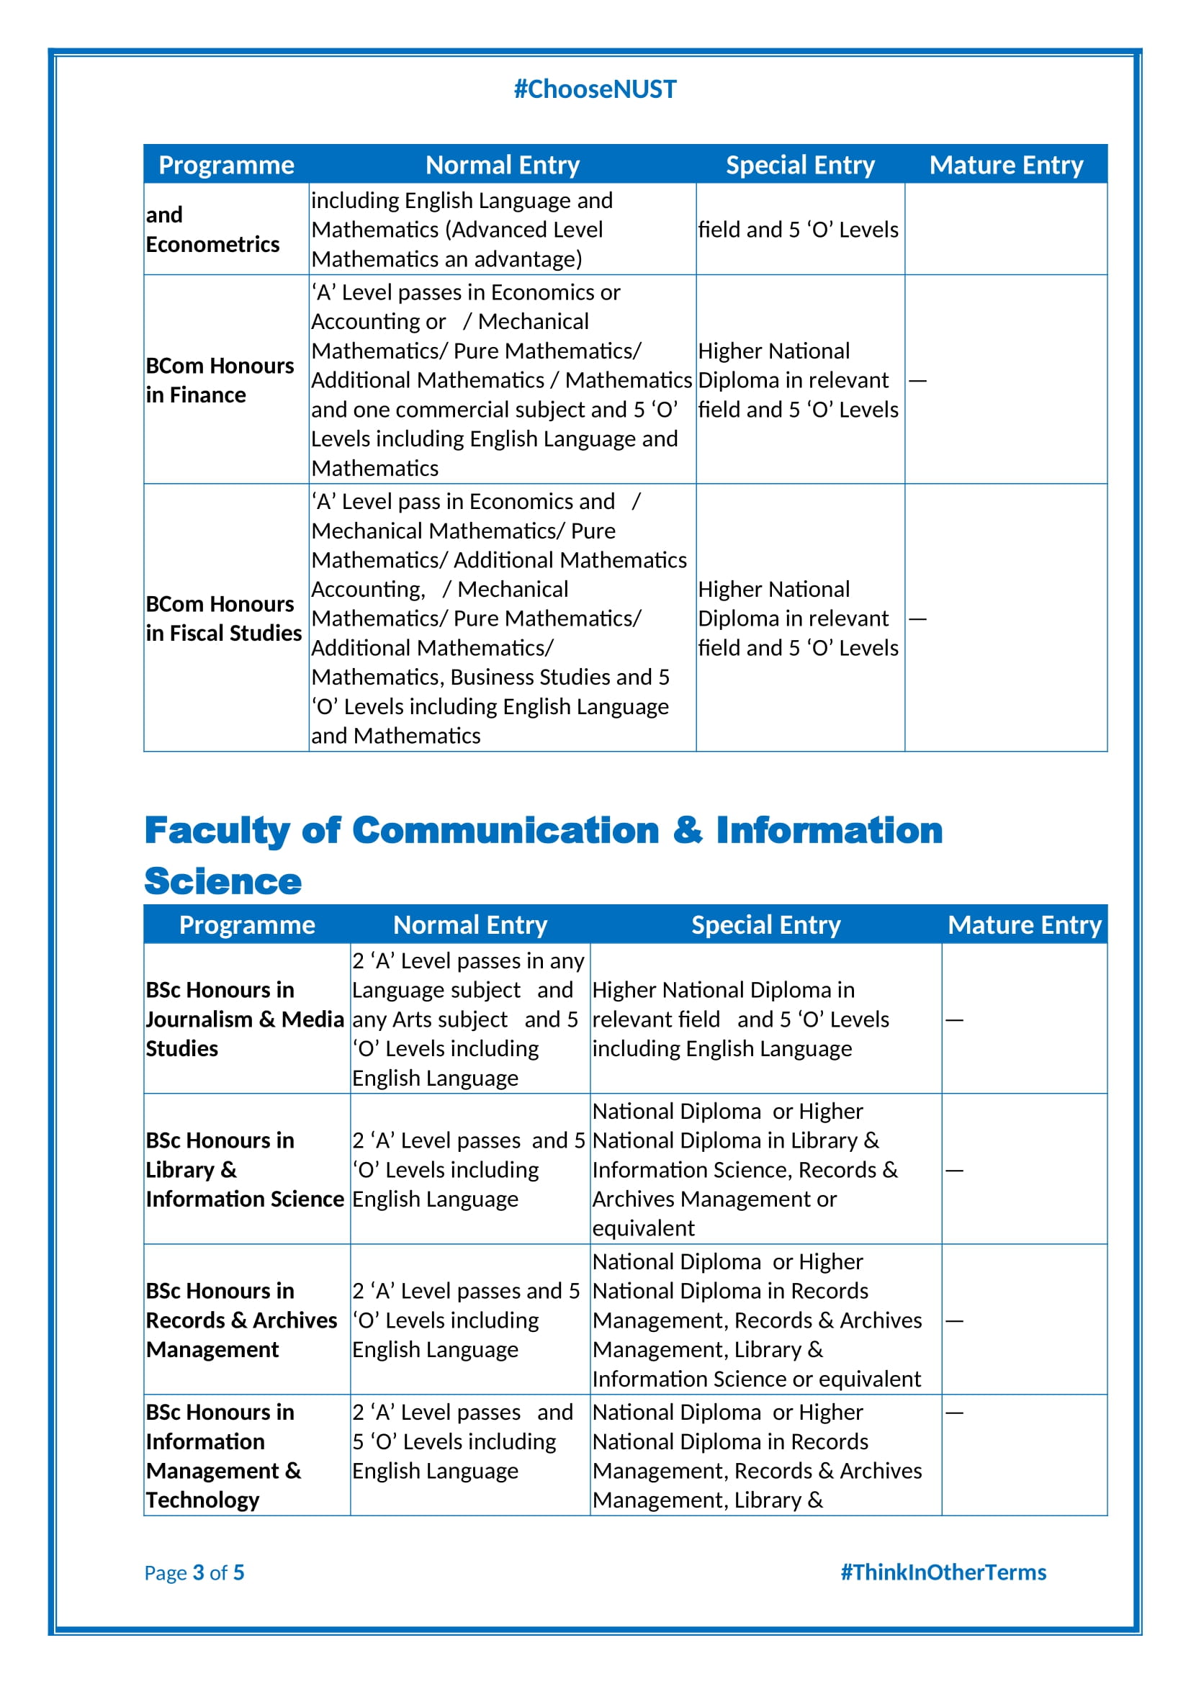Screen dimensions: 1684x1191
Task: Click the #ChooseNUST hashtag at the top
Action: (595, 89)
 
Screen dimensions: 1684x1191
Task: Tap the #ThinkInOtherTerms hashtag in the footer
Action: (943, 1572)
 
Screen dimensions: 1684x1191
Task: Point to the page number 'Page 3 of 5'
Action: (194, 1572)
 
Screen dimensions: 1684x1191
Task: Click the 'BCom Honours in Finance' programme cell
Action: (220, 380)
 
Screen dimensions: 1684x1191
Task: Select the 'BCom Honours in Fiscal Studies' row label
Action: (223, 618)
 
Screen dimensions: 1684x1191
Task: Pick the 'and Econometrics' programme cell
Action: (212, 230)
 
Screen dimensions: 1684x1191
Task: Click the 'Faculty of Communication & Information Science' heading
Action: (543, 855)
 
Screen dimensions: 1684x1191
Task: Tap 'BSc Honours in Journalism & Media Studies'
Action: (244, 1019)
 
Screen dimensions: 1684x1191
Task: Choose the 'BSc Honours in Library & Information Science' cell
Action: (244, 1169)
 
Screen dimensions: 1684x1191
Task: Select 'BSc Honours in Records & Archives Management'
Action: (241, 1320)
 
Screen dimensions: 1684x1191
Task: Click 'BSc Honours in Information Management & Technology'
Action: (223, 1456)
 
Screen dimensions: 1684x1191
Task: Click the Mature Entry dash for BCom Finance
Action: (917, 381)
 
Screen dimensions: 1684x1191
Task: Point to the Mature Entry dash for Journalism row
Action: (953, 1019)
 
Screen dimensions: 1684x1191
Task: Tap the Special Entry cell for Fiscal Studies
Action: (798, 618)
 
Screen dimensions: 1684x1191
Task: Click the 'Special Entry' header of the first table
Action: (800, 165)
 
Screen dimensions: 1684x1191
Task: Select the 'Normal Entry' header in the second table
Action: (470, 925)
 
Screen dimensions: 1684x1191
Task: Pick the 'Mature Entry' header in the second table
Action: (1025, 925)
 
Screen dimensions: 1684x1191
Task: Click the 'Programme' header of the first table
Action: (226, 165)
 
